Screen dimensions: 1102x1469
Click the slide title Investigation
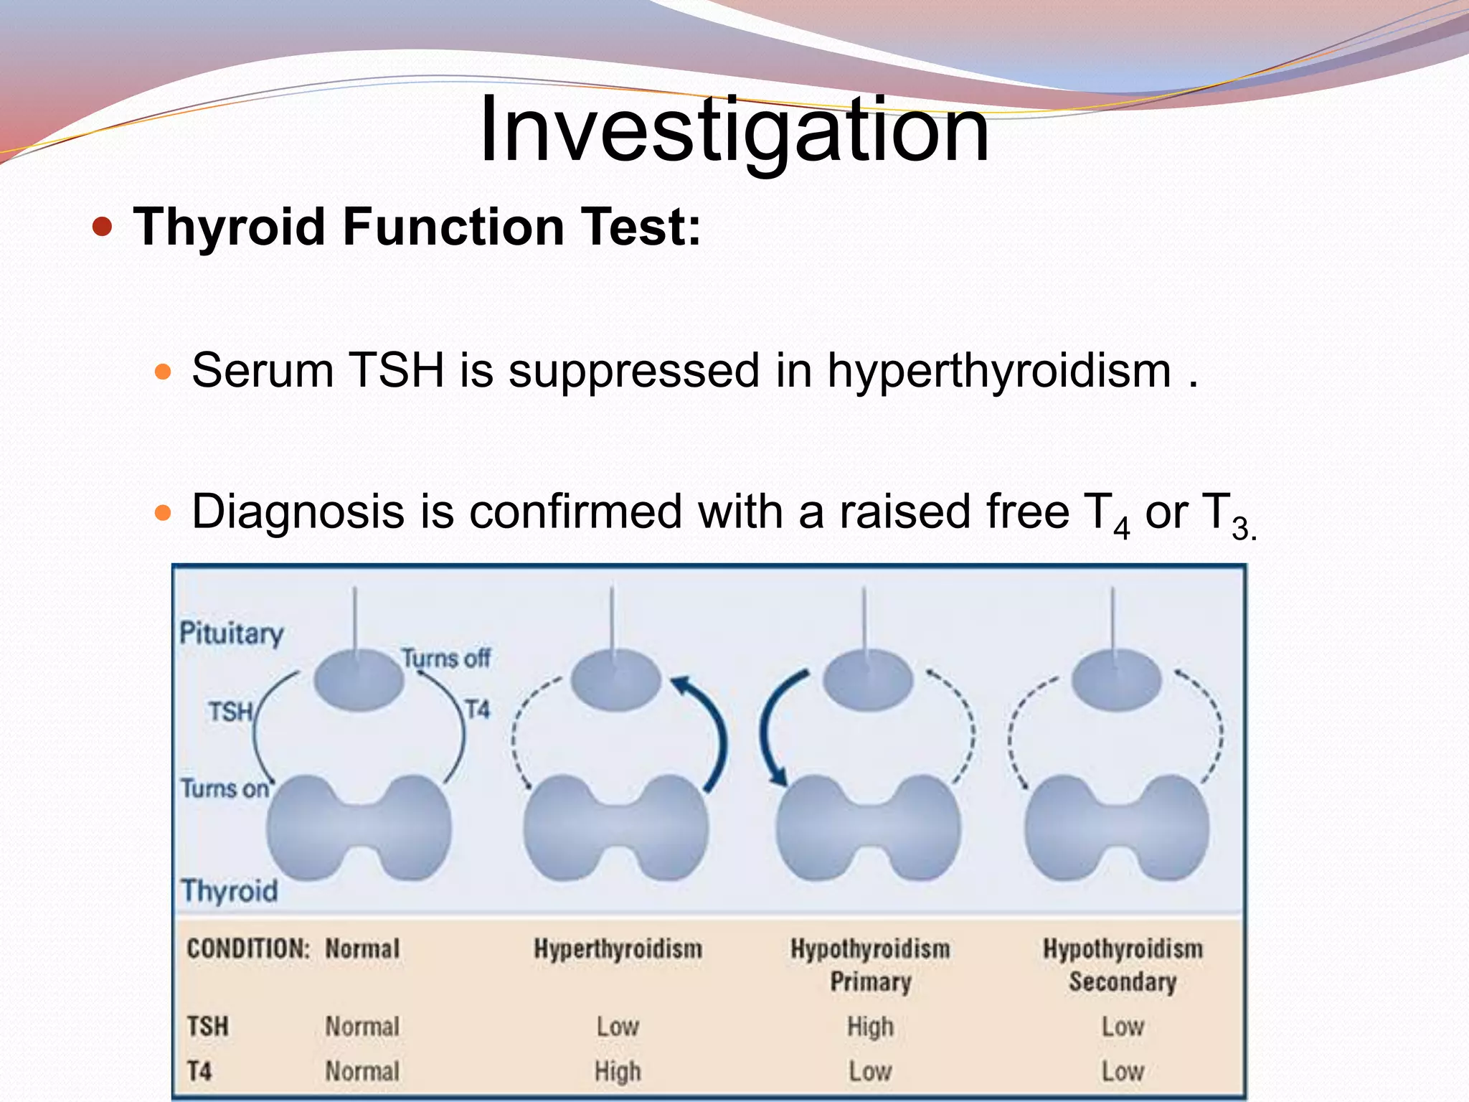click(x=734, y=131)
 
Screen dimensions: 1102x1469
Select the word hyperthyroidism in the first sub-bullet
click(x=999, y=371)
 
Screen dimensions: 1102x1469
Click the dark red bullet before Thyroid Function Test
click(x=103, y=227)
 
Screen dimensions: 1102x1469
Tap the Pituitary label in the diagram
click(x=231, y=634)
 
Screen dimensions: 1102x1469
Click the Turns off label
click(x=445, y=658)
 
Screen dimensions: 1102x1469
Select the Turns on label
click(x=224, y=788)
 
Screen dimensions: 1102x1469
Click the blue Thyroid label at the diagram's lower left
click(x=229, y=891)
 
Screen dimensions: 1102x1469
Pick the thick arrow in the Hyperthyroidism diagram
click(x=709, y=732)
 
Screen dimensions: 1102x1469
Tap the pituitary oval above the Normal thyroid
click(x=358, y=679)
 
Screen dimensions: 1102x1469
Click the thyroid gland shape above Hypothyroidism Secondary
click(x=1117, y=829)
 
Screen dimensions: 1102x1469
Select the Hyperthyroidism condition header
click(x=618, y=949)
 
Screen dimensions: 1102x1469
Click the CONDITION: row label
click(x=247, y=949)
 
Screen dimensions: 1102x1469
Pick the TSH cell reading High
click(x=870, y=1027)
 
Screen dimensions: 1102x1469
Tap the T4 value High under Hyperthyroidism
click(x=617, y=1072)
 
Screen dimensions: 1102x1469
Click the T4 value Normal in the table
click(x=362, y=1072)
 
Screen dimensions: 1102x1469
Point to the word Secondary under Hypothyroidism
click(x=1123, y=982)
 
